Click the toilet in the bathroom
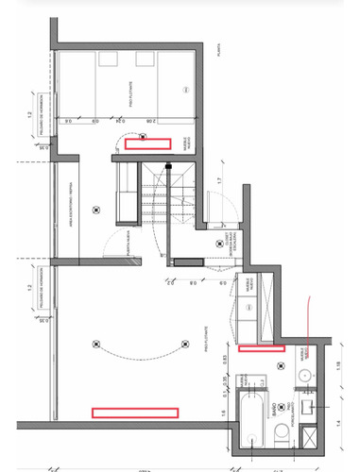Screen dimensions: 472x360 [282, 434]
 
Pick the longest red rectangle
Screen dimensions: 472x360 [134, 411]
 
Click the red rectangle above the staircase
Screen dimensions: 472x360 [146, 143]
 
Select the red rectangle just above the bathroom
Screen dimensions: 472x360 [262, 347]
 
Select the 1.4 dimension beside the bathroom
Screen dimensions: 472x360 [338, 424]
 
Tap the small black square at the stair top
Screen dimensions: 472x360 [168, 165]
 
